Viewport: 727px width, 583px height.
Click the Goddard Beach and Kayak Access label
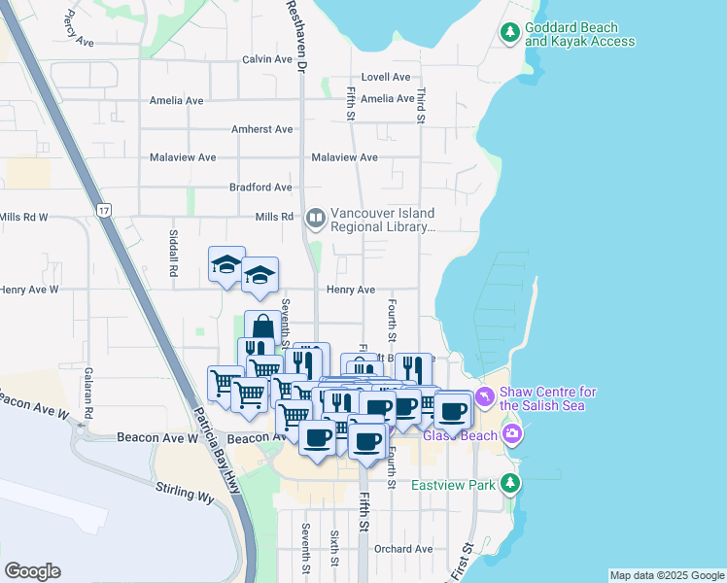tap(579, 35)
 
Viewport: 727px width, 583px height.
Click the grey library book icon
tap(315, 219)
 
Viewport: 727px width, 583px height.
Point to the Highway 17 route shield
tap(104, 209)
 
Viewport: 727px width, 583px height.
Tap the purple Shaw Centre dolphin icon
tap(483, 398)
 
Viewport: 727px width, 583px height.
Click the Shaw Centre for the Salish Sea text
tap(547, 398)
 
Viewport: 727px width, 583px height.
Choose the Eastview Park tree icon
tap(510, 483)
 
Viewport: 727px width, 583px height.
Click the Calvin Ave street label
tap(267, 59)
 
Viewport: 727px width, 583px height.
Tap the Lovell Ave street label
tap(386, 77)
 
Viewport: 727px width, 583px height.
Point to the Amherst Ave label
tap(261, 129)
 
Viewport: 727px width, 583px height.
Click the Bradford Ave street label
tap(260, 188)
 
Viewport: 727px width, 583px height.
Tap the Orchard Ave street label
tap(403, 549)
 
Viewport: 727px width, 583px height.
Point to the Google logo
tap(32, 571)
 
